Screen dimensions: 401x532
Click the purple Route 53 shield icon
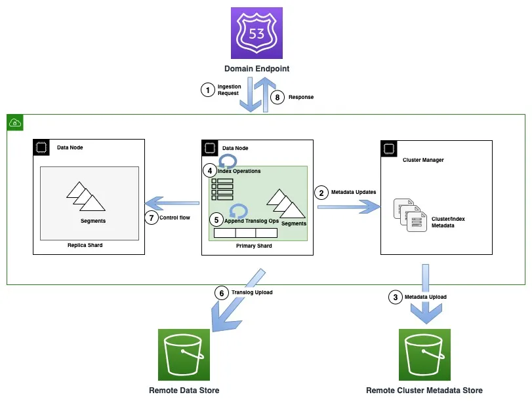click(x=257, y=33)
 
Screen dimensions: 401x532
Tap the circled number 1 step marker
click(x=208, y=90)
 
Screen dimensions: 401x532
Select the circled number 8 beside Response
click(x=277, y=97)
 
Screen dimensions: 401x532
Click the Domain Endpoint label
click(x=256, y=69)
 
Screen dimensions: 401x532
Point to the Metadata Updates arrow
click(x=348, y=206)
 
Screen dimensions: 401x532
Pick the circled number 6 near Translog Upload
click(x=222, y=293)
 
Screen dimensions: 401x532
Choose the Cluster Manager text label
click(x=424, y=159)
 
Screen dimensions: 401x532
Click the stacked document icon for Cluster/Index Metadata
click(x=406, y=215)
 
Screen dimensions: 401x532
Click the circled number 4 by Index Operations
click(x=210, y=171)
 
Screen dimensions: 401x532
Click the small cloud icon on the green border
click(x=15, y=123)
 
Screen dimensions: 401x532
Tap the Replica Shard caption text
click(x=85, y=246)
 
